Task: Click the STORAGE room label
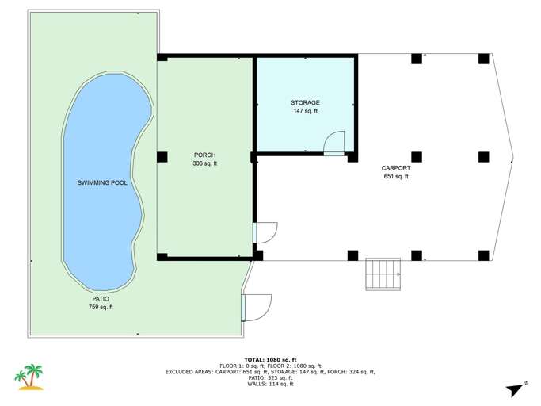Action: (x=305, y=103)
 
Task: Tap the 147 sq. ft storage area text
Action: (x=305, y=112)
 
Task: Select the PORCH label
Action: (x=204, y=155)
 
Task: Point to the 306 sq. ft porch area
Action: (x=204, y=163)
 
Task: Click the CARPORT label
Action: (x=395, y=168)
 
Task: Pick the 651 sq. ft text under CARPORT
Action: (x=395, y=177)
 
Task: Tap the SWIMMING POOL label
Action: (x=102, y=183)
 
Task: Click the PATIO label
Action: (x=100, y=298)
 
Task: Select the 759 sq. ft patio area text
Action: (x=100, y=307)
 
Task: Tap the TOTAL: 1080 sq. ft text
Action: (x=270, y=358)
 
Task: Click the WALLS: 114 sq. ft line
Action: (x=270, y=385)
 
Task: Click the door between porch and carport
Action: (x=265, y=232)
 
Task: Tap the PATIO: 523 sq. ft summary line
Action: (x=270, y=378)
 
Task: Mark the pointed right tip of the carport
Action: (x=513, y=156)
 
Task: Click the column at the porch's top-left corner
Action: (x=162, y=58)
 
